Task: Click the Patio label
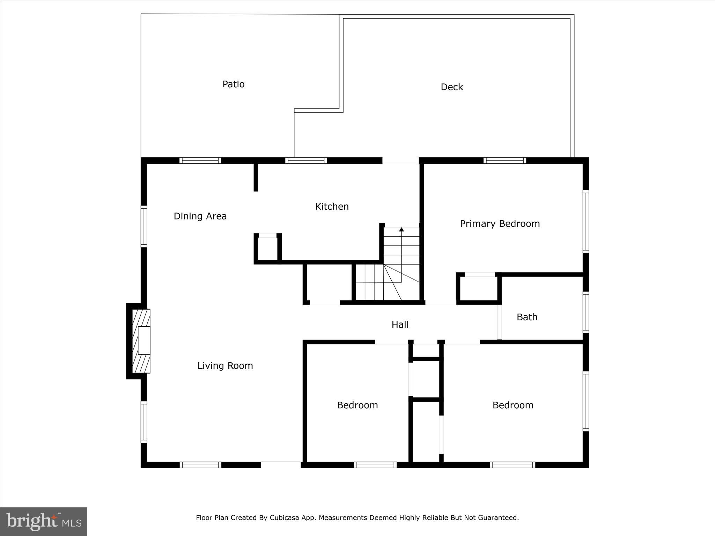pyautogui.click(x=233, y=84)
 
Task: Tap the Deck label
pyautogui.click(x=451, y=87)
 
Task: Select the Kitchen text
pyautogui.click(x=332, y=206)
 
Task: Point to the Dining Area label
pyautogui.click(x=200, y=216)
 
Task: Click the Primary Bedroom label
pyautogui.click(x=500, y=224)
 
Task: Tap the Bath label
pyautogui.click(x=527, y=317)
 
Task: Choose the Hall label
pyautogui.click(x=400, y=325)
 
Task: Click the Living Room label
pyautogui.click(x=225, y=366)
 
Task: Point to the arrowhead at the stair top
pyautogui.click(x=401, y=229)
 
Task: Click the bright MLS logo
pyautogui.click(x=44, y=522)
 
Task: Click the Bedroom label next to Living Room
pyautogui.click(x=357, y=405)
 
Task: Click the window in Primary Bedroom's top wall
pyautogui.click(x=504, y=161)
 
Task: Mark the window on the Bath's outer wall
pyautogui.click(x=585, y=312)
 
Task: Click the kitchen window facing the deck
pyautogui.click(x=306, y=161)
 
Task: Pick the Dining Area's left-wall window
pyautogui.click(x=144, y=226)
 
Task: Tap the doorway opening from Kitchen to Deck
pyautogui.click(x=400, y=161)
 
